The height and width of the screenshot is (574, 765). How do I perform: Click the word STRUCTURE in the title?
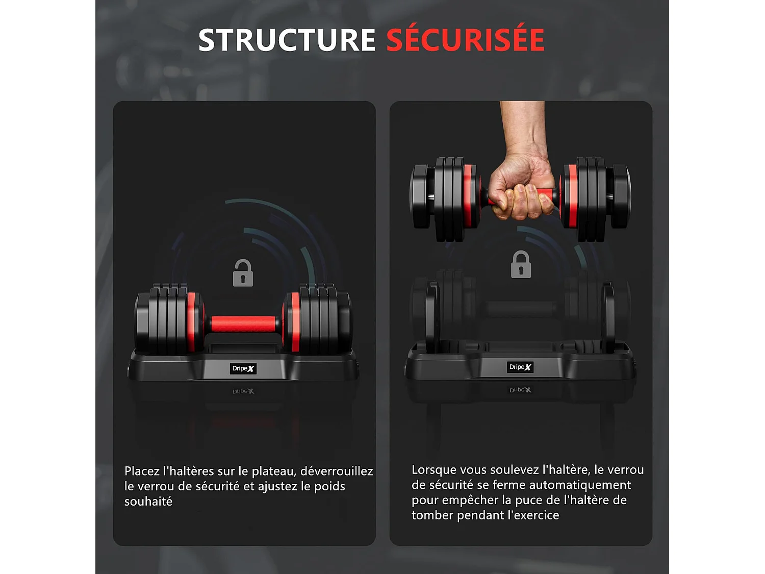(x=287, y=40)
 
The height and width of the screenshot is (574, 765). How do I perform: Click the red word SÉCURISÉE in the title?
(x=465, y=40)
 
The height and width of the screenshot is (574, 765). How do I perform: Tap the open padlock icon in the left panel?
(x=243, y=273)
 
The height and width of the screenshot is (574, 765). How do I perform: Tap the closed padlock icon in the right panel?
(x=521, y=265)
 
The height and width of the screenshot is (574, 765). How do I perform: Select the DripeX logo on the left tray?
(x=243, y=368)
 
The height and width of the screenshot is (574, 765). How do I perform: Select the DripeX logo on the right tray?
(x=520, y=367)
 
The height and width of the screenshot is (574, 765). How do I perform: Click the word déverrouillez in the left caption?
(x=337, y=471)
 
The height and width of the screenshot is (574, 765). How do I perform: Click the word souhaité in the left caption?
(x=148, y=502)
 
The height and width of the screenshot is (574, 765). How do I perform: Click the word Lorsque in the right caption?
(x=434, y=470)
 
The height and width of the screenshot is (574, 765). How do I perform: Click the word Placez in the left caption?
(x=142, y=471)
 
